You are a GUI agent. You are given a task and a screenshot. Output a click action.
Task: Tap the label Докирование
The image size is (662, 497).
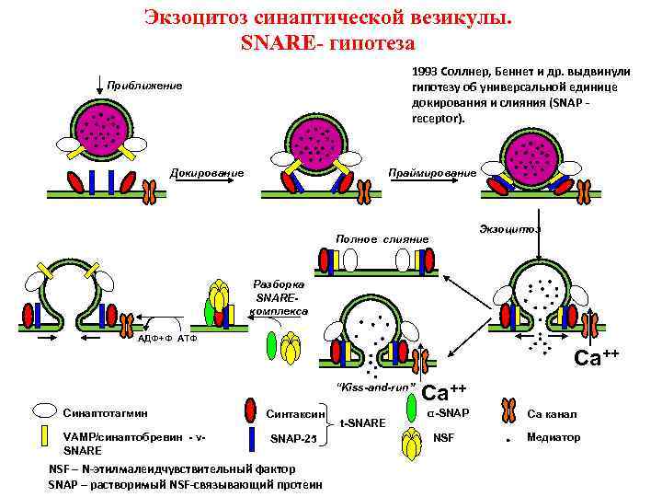tap(208, 173)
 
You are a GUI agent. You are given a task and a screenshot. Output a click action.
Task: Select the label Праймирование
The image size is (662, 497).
tap(433, 173)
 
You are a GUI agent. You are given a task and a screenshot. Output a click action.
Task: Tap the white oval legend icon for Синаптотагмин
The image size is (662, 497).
tap(44, 412)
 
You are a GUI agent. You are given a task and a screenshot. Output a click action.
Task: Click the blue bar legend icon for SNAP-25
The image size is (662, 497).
tap(251, 440)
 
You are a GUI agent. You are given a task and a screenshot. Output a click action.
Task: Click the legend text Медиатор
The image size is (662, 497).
tap(554, 437)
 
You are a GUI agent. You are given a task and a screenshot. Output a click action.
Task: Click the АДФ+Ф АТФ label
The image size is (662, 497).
tap(168, 339)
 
